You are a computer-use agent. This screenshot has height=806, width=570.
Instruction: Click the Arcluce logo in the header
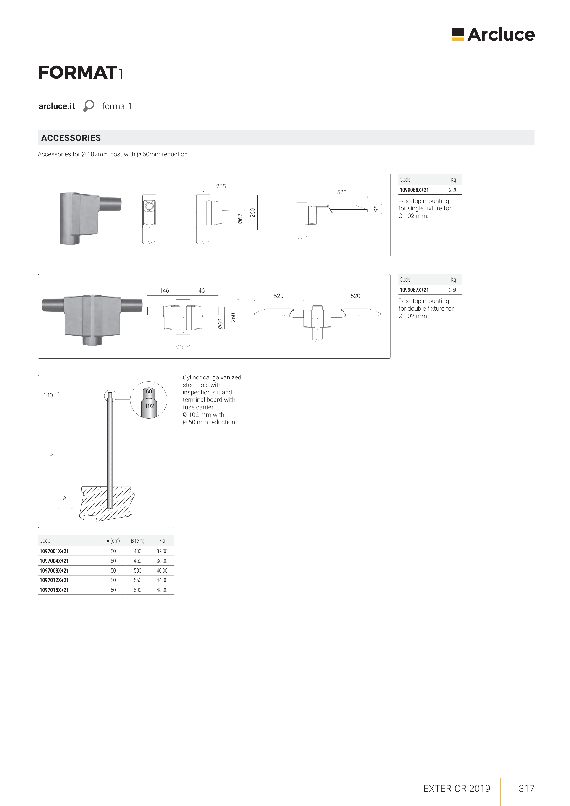(x=493, y=34)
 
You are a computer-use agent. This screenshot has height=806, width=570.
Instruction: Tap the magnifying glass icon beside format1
(x=89, y=106)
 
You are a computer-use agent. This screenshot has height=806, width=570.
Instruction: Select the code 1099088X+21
(x=414, y=190)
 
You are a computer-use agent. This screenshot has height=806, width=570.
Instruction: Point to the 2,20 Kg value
(x=453, y=190)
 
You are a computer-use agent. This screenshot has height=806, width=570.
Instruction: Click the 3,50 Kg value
(x=453, y=290)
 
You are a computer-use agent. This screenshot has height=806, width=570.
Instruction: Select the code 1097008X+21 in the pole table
(x=54, y=570)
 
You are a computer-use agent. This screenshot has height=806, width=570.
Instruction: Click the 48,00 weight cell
(x=162, y=590)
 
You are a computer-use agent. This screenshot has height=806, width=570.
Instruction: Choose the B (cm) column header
(x=137, y=541)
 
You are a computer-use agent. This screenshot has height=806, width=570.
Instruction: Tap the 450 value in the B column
(x=137, y=561)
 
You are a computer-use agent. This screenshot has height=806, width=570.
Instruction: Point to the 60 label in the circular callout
(x=149, y=391)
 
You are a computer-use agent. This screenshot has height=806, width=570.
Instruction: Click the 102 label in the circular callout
(x=149, y=406)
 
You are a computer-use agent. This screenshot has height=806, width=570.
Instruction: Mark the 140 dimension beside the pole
(x=48, y=395)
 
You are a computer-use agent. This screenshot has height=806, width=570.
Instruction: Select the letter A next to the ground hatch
(x=65, y=498)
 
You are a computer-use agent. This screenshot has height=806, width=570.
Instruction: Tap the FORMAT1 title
(x=80, y=73)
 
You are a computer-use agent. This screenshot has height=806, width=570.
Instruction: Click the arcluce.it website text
(x=57, y=106)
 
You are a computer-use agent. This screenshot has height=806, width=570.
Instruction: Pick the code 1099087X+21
(x=414, y=290)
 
